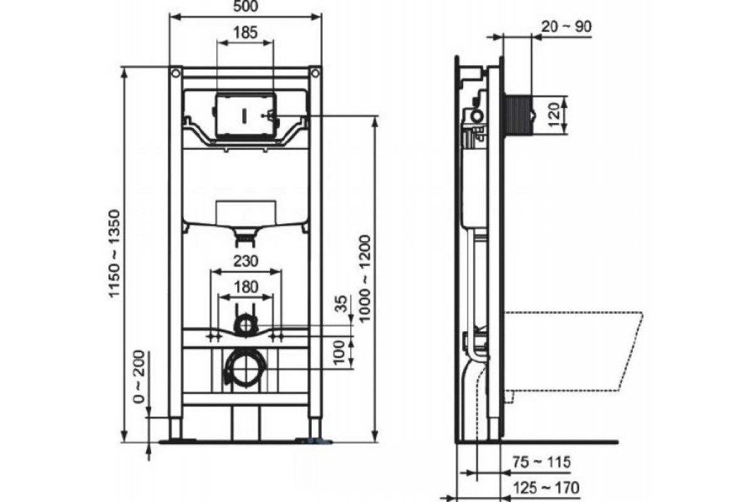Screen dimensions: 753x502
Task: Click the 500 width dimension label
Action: (x=246, y=6)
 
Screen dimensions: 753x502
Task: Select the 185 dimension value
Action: (x=245, y=33)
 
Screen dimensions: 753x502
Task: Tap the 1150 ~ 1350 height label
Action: (x=115, y=254)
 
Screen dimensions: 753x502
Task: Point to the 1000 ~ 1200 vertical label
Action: (x=365, y=279)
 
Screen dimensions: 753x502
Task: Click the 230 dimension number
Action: (x=246, y=261)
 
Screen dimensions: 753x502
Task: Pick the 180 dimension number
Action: (x=246, y=287)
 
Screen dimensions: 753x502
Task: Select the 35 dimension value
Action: (x=341, y=304)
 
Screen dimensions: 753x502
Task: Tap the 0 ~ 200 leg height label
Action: (x=139, y=376)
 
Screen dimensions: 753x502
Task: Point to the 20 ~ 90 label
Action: (x=567, y=26)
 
